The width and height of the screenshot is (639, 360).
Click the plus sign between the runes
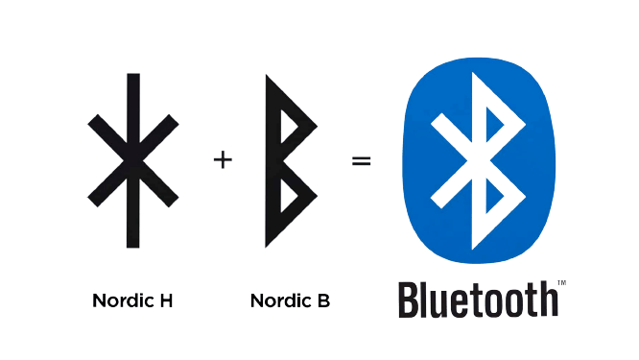point(223,160)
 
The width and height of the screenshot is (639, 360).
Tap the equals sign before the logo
point(361,160)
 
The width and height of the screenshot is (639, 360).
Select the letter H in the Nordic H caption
point(165,300)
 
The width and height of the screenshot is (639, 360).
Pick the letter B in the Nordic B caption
point(324,300)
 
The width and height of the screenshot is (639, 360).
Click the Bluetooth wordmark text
point(476,300)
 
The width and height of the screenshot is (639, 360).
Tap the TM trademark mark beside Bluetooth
point(563,282)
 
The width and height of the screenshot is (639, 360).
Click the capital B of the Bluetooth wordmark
point(410,300)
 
